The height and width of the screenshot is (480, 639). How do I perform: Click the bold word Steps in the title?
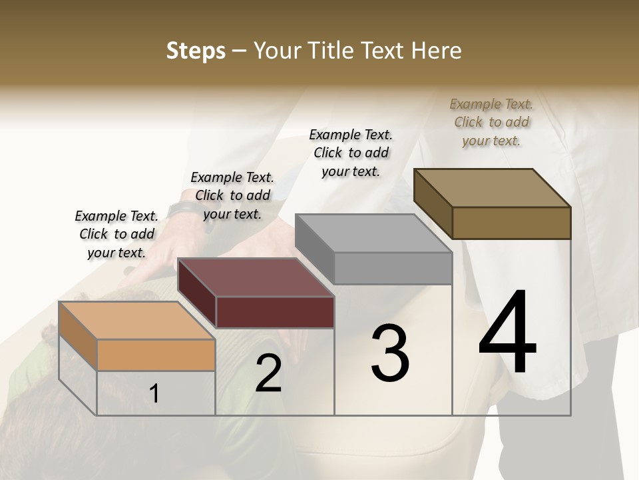[196, 51]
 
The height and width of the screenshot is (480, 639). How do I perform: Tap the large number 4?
[507, 333]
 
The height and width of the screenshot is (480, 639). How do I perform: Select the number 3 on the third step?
[390, 353]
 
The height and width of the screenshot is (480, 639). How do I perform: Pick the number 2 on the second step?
[268, 373]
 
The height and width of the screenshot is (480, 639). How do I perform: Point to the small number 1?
[154, 394]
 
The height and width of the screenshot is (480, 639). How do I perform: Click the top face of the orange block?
[137, 321]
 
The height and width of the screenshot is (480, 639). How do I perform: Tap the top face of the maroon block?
[256, 277]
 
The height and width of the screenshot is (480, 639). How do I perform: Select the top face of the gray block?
[373, 233]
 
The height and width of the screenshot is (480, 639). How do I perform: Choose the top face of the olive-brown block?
[492, 188]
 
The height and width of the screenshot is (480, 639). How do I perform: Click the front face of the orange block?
[156, 355]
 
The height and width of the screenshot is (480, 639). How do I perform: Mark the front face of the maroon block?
[275, 312]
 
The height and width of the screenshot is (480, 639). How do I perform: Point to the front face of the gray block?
[393, 268]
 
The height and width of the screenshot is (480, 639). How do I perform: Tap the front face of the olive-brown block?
[511, 223]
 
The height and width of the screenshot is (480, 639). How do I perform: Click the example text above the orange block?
[116, 234]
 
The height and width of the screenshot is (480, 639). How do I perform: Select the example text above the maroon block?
[232, 195]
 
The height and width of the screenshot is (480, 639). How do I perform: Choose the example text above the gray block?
[351, 153]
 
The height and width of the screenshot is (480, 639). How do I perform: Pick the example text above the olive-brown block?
[491, 122]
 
